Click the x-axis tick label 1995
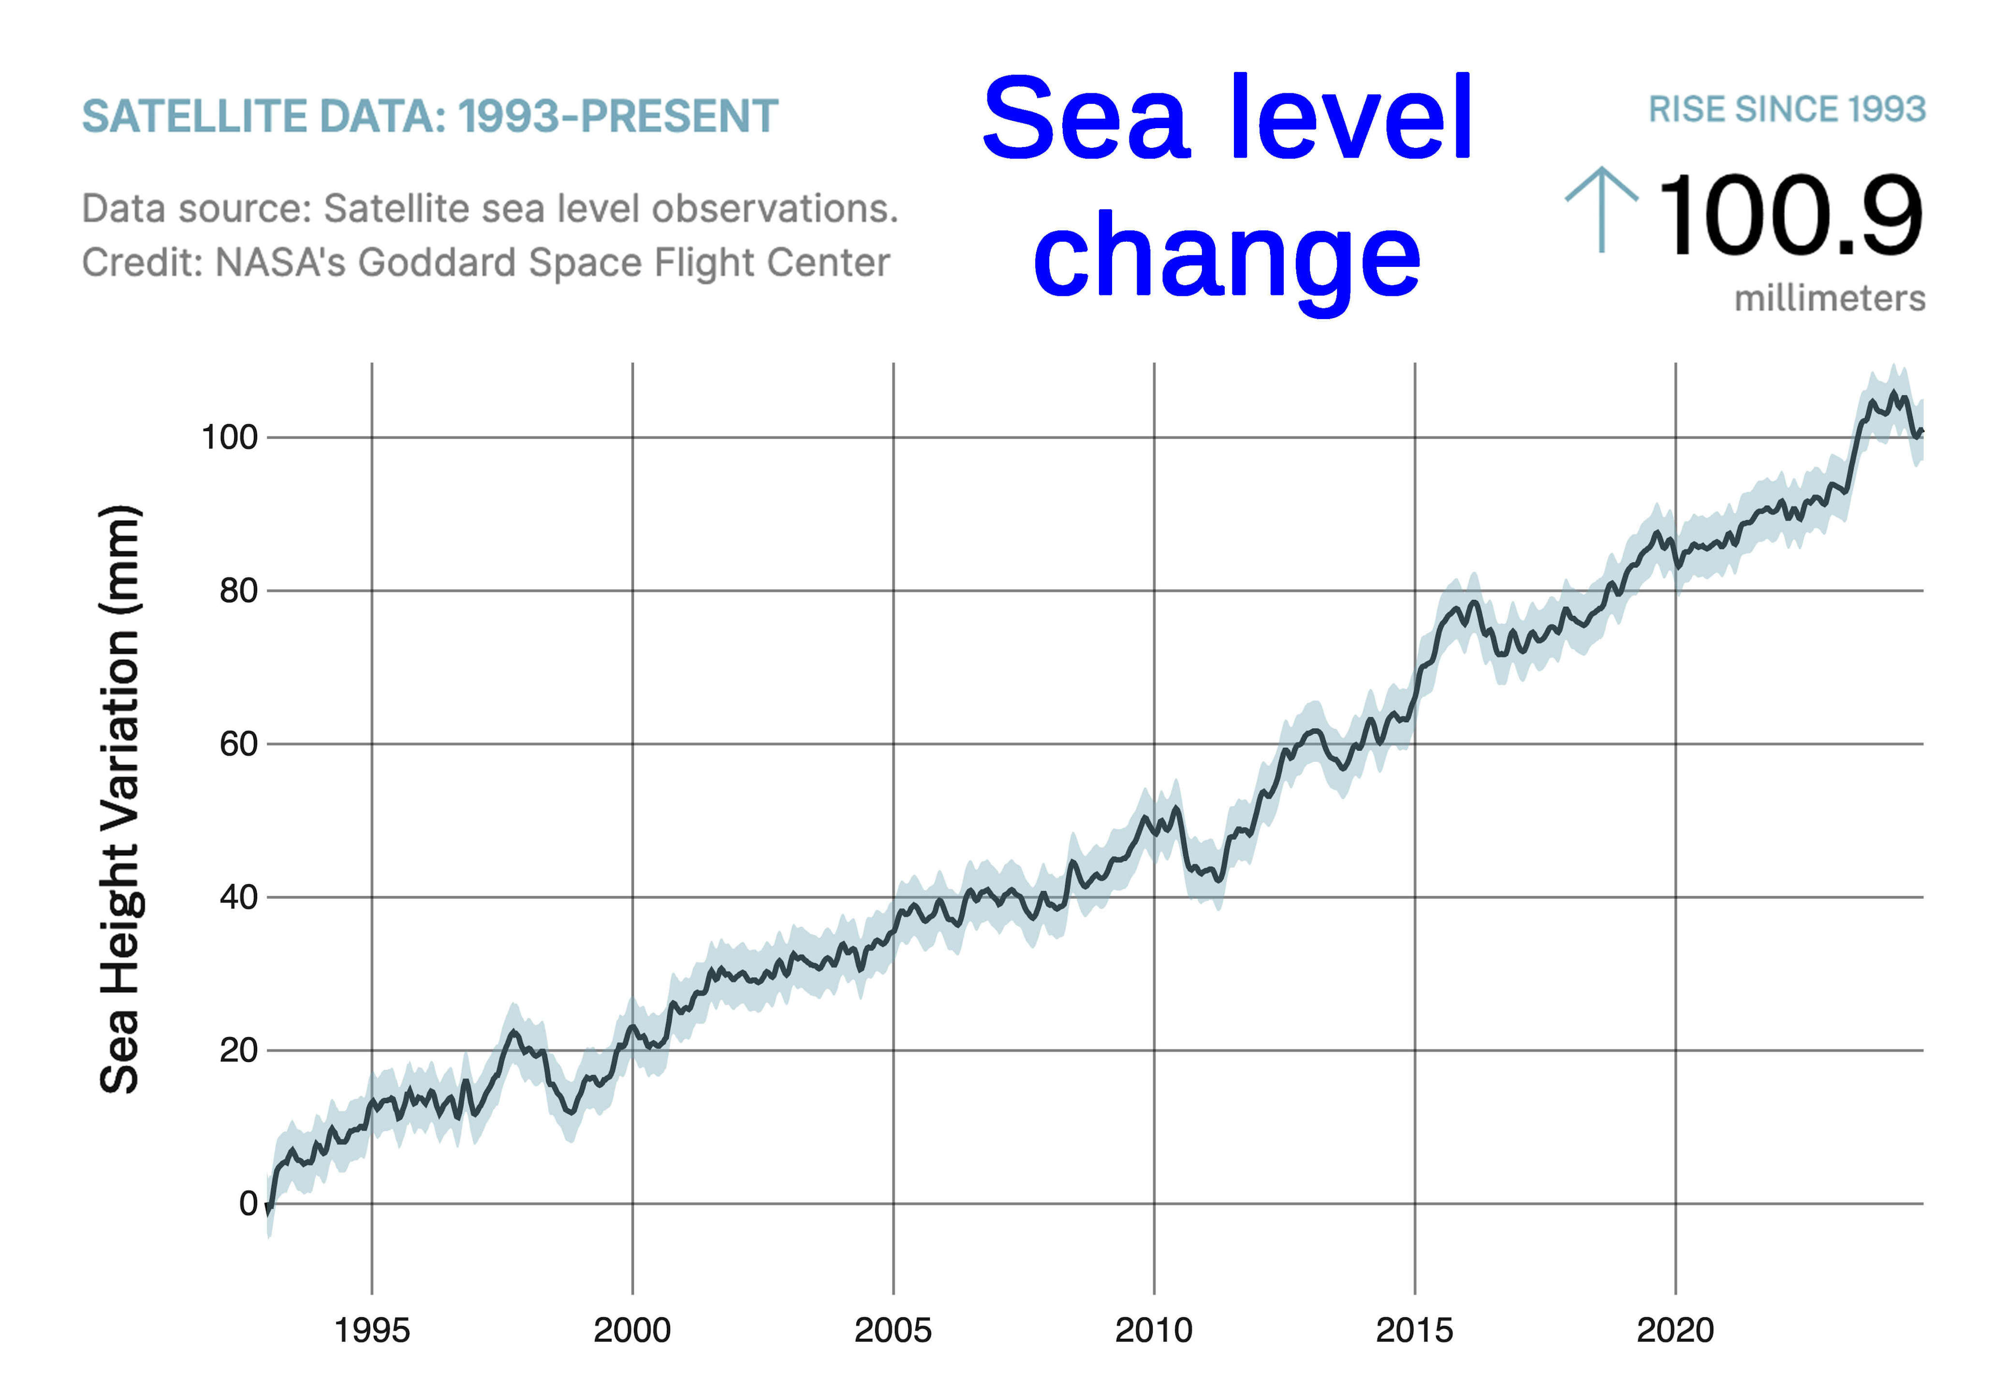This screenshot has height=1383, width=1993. click(372, 1331)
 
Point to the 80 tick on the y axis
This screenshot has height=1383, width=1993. click(238, 591)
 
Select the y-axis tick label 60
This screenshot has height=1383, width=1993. click(238, 744)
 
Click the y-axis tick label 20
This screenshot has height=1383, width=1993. click(238, 1050)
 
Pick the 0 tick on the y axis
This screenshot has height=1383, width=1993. click(249, 1204)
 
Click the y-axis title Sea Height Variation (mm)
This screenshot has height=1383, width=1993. click(119, 799)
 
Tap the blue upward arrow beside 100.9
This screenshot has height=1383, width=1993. click(1601, 210)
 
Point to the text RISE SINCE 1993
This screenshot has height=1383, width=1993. click(1787, 110)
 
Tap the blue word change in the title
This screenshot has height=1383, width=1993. click(1226, 257)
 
